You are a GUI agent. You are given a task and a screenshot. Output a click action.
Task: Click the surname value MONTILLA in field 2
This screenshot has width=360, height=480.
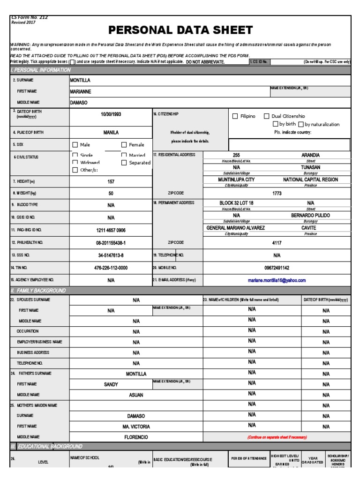80,80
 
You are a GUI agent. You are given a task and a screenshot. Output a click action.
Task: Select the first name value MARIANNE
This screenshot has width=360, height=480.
81,91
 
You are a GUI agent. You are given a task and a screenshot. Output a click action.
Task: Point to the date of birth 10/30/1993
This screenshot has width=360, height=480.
111,114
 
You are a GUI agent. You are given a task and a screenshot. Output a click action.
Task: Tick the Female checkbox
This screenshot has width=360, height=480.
124,145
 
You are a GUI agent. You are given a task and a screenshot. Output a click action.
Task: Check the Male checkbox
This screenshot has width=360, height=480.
75,145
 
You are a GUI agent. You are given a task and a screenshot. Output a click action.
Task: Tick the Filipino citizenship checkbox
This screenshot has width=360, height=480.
235,116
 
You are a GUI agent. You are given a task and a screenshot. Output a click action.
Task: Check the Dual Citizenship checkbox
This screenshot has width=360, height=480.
267,116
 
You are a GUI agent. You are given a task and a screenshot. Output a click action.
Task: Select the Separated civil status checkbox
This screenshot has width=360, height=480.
124,163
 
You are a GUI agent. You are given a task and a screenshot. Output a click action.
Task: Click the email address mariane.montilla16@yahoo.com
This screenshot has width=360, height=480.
277,280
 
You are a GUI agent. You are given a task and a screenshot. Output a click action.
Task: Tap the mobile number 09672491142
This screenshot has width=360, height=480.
277,268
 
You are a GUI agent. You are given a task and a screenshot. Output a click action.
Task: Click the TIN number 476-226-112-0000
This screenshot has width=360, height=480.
111,268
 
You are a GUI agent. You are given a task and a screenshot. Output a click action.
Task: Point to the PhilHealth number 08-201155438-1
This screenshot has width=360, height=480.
111,243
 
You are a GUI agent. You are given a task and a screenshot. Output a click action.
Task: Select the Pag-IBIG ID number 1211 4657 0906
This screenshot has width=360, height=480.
111,230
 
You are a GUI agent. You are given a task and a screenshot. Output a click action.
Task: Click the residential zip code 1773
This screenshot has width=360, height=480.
277,193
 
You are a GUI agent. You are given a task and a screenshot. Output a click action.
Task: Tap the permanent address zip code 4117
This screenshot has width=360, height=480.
277,243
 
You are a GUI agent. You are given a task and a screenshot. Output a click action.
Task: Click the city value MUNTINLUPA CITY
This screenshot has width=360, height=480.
236,180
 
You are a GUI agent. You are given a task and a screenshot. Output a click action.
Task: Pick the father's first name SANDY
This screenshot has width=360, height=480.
111,384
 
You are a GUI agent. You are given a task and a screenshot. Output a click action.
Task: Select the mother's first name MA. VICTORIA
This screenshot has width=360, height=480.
136,427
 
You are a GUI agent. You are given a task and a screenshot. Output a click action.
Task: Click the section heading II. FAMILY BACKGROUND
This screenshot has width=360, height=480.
38,291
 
